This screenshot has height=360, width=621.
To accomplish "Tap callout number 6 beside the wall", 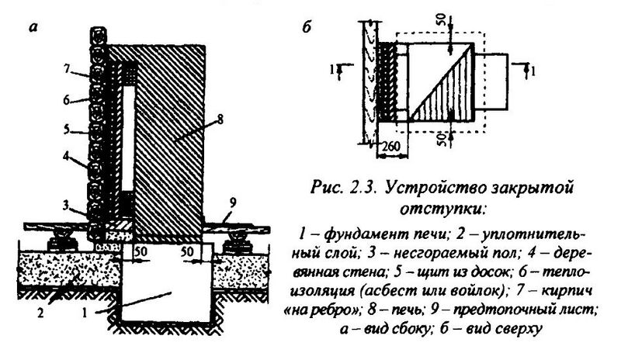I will pyautogui.click(x=68, y=100).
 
